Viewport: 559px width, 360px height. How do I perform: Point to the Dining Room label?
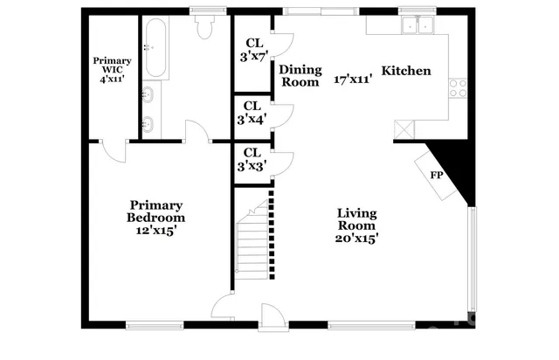(x=300, y=76)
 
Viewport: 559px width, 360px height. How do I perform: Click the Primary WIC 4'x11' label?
(x=113, y=66)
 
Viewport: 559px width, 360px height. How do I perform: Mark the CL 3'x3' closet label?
(x=252, y=158)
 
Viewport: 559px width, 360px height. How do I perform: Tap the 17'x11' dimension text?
(x=353, y=79)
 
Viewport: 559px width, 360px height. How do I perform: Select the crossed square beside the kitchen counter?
(x=405, y=129)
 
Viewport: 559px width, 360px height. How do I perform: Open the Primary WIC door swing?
(x=112, y=151)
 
